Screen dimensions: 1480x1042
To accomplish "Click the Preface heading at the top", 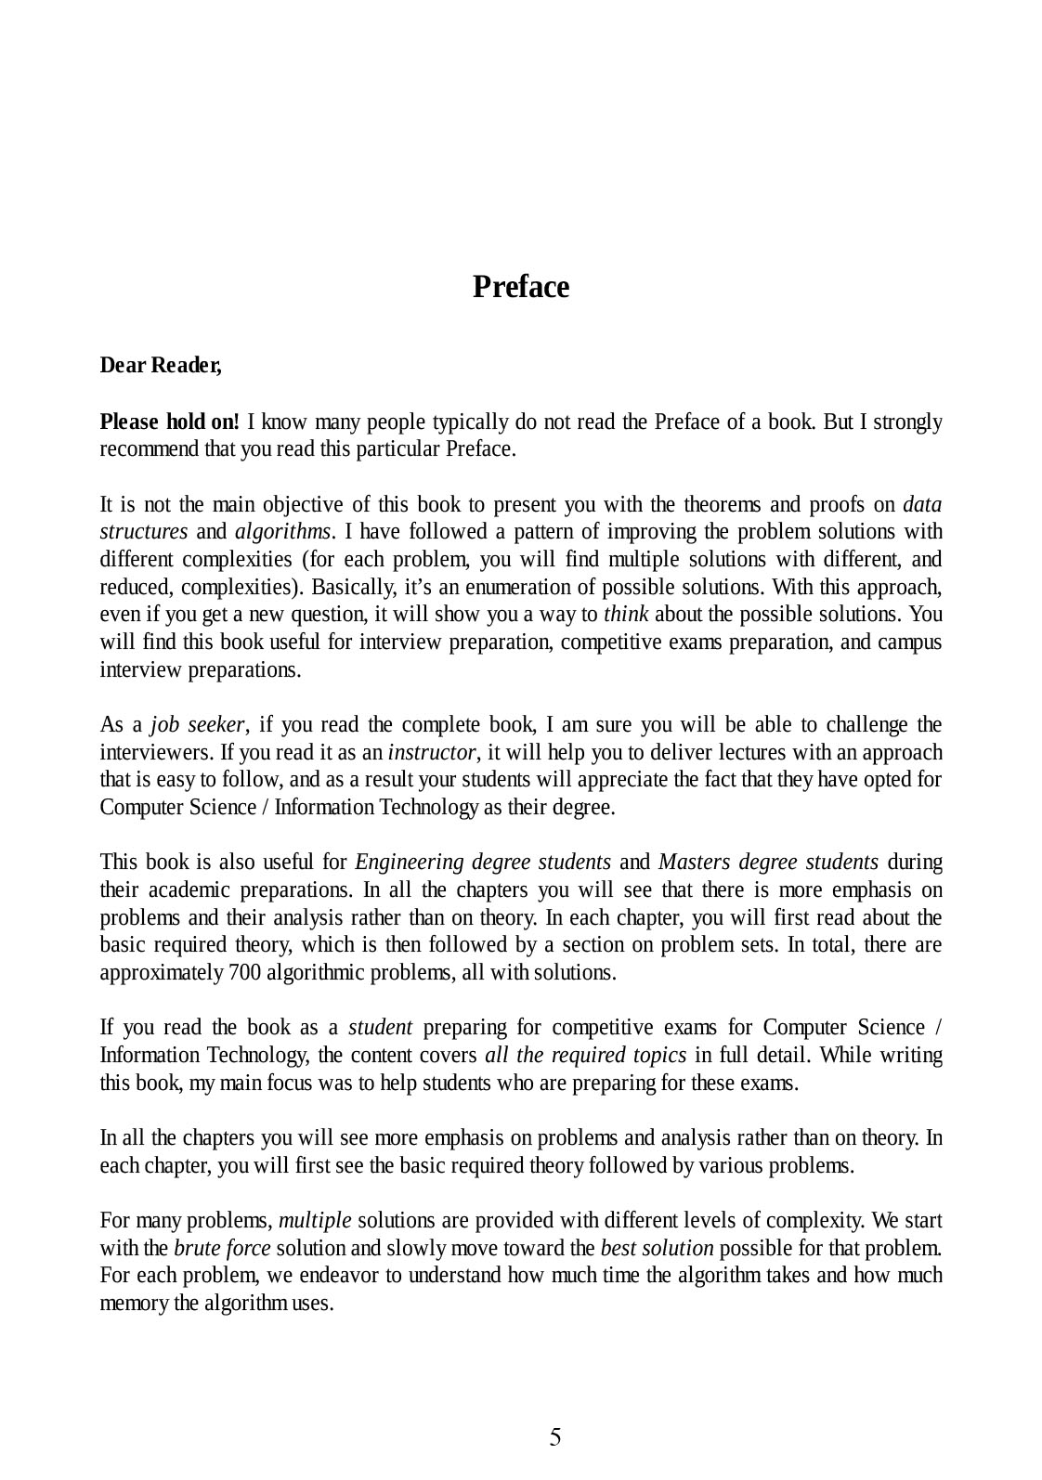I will click(520, 287).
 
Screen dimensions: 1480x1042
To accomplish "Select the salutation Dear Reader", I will click(161, 366).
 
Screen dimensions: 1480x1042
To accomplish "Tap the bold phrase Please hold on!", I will click(169, 422).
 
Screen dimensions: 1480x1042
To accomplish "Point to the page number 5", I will click(555, 1437).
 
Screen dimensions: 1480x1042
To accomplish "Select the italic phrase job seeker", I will click(198, 724).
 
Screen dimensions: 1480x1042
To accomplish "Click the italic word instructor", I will click(432, 752).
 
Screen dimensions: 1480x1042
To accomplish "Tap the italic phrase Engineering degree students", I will click(483, 863).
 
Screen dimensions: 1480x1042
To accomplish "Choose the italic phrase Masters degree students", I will click(768, 863).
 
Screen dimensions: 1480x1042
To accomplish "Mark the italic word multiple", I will click(315, 1220).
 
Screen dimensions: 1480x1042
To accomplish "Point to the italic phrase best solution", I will click(658, 1248).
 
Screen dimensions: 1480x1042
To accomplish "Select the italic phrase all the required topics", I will click(585, 1056).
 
